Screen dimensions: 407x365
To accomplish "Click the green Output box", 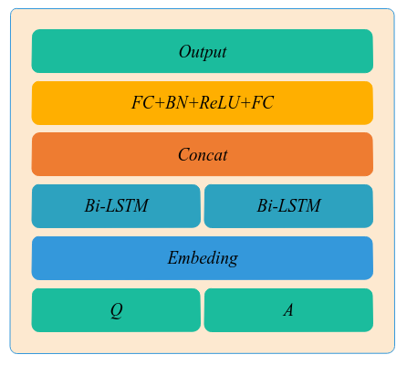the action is tap(203, 51).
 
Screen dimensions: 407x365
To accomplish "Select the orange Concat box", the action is tap(203, 154).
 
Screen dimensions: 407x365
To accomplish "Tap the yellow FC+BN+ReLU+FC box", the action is tap(203, 103).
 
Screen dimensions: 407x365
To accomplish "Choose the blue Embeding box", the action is tap(203, 258).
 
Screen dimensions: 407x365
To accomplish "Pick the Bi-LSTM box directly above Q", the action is tap(116, 206).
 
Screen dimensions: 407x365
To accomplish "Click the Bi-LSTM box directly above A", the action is tap(288, 206).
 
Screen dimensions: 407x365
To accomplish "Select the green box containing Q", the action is tap(116, 310).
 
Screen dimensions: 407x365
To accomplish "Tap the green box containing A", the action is tap(288, 310).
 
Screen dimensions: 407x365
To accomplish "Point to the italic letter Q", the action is tap(117, 311).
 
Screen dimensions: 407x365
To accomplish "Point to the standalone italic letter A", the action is tap(288, 310).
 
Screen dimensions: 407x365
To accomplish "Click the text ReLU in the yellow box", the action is tap(219, 102).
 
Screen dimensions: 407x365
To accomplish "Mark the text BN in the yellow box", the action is tap(176, 102).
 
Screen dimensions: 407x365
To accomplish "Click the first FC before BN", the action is tap(142, 102).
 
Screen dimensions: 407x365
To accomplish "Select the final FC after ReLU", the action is tap(263, 102).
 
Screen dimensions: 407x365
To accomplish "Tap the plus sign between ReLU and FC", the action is tap(245, 103).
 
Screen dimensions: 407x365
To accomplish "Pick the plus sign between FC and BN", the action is tap(160, 103).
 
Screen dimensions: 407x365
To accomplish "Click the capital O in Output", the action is tap(185, 51).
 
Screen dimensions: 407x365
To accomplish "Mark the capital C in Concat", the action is tap(184, 154).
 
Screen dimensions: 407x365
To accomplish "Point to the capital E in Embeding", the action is tap(173, 258).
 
